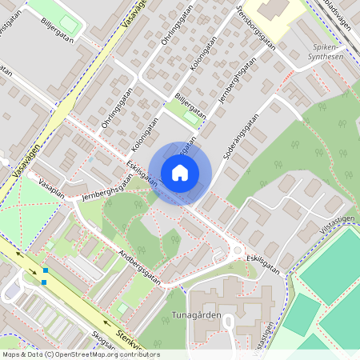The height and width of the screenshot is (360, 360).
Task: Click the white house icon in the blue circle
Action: pos(180,172)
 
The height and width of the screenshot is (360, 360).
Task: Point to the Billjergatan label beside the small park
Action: pos(190,106)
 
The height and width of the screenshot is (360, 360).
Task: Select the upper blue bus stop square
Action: pos(46,271)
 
